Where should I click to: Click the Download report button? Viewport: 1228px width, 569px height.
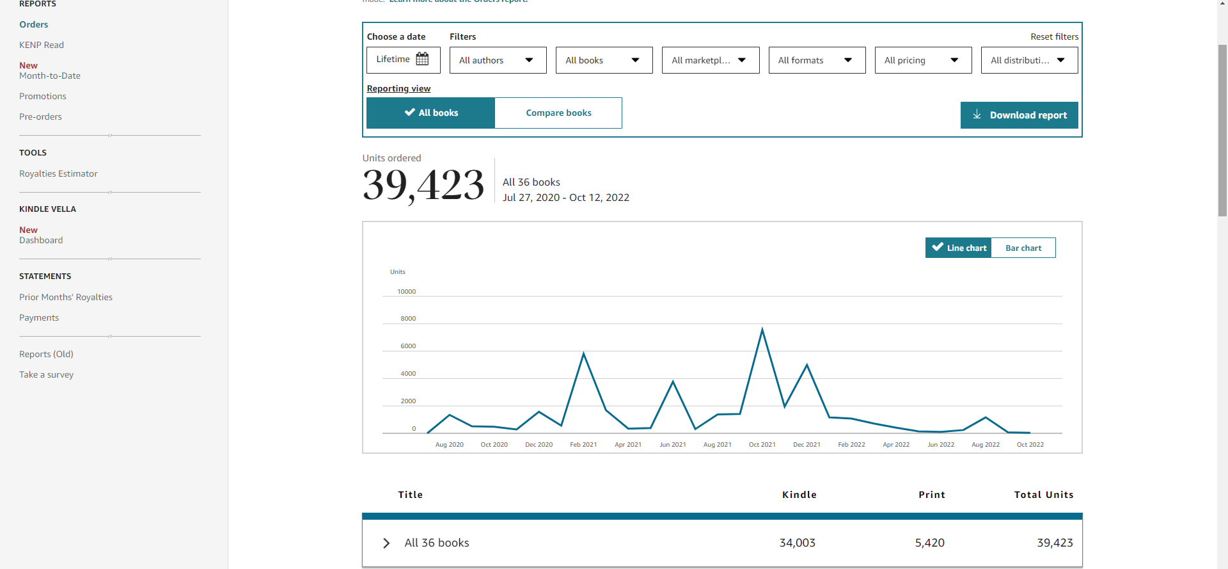click(x=1019, y=115)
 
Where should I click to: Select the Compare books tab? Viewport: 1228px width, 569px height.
click(x=558, y=113)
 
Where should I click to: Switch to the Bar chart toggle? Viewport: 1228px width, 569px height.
click(x=1023, y=248)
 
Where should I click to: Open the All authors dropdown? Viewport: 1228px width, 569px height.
click(x=498, y=60)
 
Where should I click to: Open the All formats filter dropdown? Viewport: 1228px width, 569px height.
click(x=817, y=60)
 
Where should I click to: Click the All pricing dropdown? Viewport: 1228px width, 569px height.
click(x=923, y=60)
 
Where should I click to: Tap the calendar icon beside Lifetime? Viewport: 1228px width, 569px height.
click(x=423, y=59)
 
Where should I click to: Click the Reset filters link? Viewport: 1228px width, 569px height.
click(x=1054, y=36)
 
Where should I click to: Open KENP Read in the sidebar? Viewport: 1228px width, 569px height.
click(x=42, y=45)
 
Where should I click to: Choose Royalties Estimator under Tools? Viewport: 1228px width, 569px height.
click(x=58, y=173)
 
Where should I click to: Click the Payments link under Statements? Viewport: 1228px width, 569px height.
click(x=39, y=317)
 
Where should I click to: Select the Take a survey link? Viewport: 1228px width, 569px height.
click(x=46, y=374)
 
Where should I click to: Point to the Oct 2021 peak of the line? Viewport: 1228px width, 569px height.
click(x=762, y=329)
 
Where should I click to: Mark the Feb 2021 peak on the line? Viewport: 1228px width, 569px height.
click(x=583, y=353)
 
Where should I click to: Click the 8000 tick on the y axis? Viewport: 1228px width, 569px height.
click(x=408, y=318)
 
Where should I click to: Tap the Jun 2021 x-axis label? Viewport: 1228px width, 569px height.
click(x=673, y=444)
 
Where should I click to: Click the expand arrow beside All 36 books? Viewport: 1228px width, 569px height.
click(x=386, y=543)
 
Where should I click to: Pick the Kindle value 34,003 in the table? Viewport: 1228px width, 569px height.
click(x=798, y=543)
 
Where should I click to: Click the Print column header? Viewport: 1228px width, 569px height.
click(x=932, y=495)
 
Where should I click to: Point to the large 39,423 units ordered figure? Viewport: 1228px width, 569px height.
click(x=423, y=185)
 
